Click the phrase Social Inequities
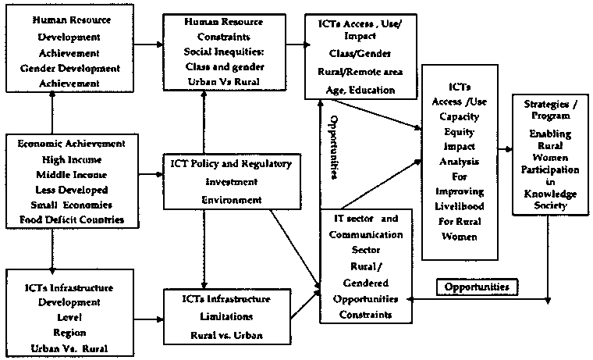pyautogui.click(x=213, y=48)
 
